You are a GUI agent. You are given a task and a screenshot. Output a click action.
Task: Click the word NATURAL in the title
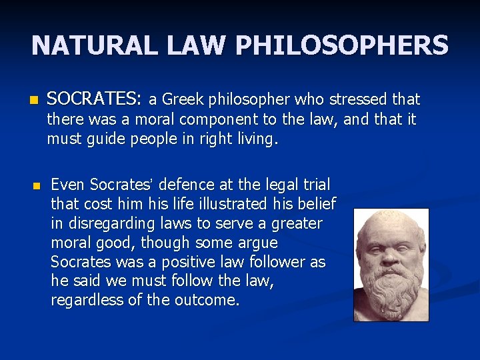(x=93, y=45)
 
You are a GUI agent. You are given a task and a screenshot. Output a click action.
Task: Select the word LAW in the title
(x=192, y=45)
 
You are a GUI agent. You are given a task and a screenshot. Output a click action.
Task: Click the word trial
(x=315, y=184)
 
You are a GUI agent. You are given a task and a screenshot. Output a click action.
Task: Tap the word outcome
(x=210, y=301)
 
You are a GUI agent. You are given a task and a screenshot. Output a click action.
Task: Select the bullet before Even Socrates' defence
(x=38, y=185)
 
